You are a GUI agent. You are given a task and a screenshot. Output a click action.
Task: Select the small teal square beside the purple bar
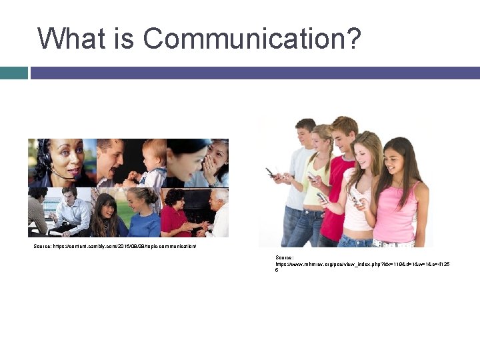pos(13,73)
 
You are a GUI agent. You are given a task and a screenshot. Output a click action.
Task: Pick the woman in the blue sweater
pos(143,213)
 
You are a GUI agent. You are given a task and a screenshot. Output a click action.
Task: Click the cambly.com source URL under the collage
pos(115,247)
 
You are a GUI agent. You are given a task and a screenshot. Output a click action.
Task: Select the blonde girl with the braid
pos(317,180)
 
